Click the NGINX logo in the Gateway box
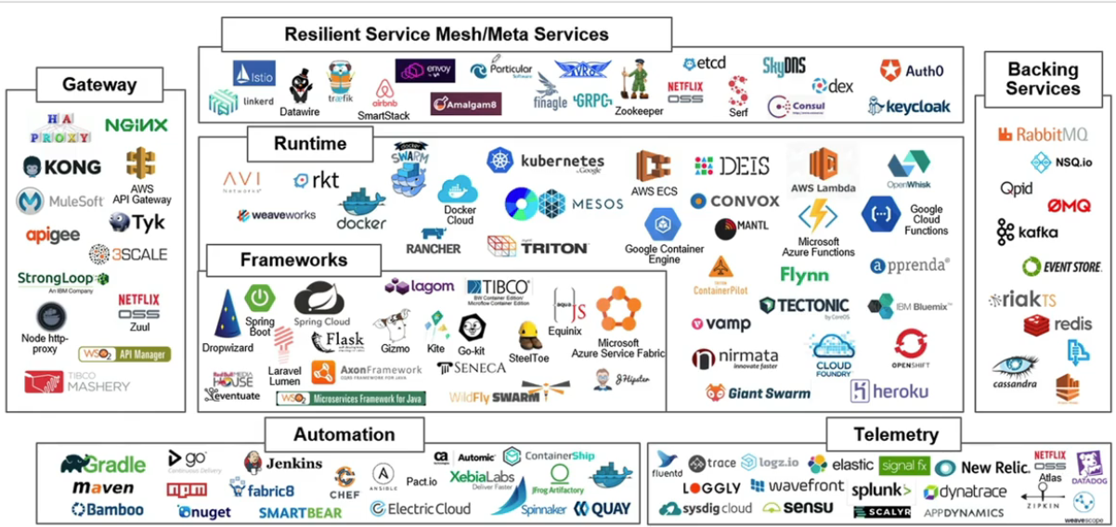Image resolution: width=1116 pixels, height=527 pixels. pyautogui.click(x=136, y=125)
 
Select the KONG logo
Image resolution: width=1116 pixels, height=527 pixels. pyautogui.click(x=62, y=167)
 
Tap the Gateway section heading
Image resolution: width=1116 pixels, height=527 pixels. pyautogui.click(x=99, y=84)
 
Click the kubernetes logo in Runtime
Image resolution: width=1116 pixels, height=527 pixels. pyautogui.click(x=547, y=161)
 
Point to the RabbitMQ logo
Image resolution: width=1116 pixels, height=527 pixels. pyautogui.click(x=1043, y=135)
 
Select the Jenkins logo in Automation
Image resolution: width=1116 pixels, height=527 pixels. pyautogui.click(x=283, y=462)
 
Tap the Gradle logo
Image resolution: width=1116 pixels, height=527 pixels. pyautogui.click(x=103, y=464)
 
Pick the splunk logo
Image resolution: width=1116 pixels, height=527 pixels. pyautogui.click(x=881, y=490)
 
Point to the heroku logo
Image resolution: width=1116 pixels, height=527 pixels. pyautogui.click(x=889, y=392)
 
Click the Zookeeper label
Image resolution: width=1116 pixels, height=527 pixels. pyautogui.click(x=639, y=111)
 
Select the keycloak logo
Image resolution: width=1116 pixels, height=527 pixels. pyautogui.click(x=910, y=107)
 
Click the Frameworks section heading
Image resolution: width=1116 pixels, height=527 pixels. pyautogui.click(x=293, y=261)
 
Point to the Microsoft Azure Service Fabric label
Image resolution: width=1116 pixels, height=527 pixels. pyautogui.click(x=618, y=349)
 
